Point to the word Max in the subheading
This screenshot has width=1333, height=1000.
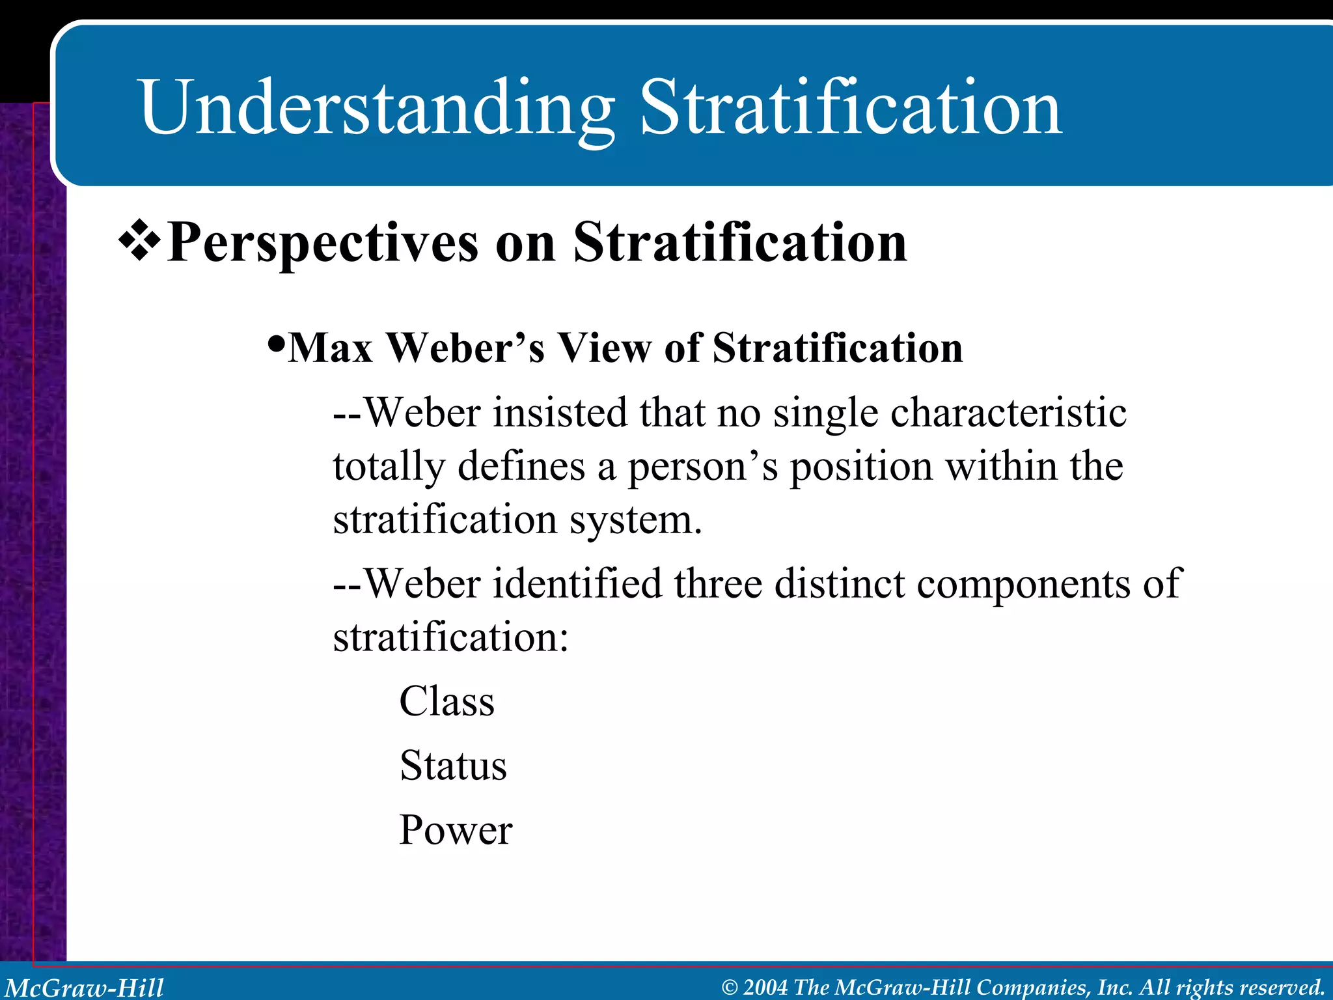point(331,348)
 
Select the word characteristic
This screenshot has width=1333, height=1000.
point(1008,413)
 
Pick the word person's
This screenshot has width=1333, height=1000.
point(702,467)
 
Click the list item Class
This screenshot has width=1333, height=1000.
point(447,702)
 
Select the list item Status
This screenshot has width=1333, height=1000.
point(453,766)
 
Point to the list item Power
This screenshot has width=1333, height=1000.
point(456,830)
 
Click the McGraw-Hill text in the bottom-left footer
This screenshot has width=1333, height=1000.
point(85,988)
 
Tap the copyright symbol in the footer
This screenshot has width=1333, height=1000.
point(730,988)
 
